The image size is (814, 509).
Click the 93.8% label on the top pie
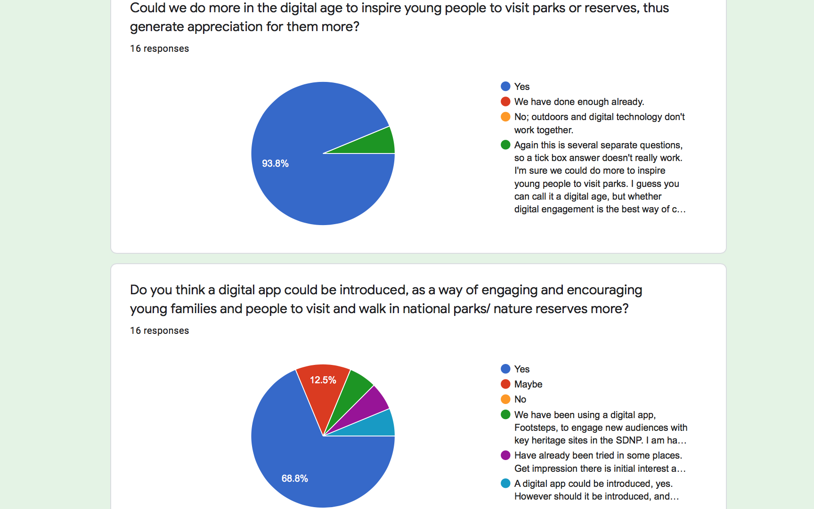[275, 163]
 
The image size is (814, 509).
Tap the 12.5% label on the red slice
[323, 380]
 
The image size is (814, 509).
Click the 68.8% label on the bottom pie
[295, 478]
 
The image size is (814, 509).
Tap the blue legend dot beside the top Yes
[505, 87]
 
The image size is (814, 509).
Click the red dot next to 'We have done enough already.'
[505, 102]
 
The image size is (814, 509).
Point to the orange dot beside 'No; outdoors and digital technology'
[505, 117]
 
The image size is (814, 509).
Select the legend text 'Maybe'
[528, 384]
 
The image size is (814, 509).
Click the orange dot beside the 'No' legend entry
[505, 399]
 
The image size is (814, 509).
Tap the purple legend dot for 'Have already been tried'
[505, 455]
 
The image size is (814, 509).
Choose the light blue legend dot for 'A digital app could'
[505, 484]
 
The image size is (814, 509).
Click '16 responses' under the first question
[159, 48]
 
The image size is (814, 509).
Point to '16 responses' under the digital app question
[159, 331]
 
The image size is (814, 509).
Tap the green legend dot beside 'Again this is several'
[505, 145]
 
